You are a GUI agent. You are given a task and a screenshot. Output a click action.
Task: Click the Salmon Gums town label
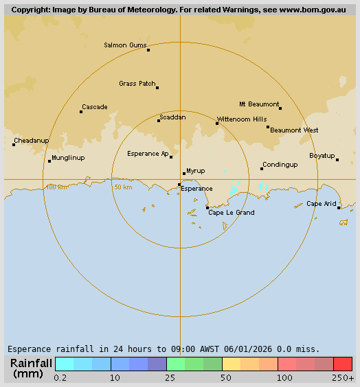click(125, 45)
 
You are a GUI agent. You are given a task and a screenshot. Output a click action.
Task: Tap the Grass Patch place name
click(137, 84)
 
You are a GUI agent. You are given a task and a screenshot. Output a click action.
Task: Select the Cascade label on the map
click(94, 107)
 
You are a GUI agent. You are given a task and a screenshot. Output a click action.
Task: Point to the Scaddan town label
click(172, 117)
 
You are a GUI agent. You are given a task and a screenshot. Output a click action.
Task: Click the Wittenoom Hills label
click(242, 119)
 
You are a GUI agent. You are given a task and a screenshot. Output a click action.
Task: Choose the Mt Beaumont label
click(259, 104)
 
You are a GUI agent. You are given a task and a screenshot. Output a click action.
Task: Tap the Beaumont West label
click(294, 130)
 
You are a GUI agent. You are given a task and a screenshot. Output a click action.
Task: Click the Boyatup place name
click(322, 156)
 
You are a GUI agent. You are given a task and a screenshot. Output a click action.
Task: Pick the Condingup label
click(280, 165)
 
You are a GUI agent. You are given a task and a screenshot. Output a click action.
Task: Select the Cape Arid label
click(321, 204)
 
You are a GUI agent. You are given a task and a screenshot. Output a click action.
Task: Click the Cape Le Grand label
click(232, 213)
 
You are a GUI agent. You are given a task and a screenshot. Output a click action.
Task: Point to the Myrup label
click(196, 170)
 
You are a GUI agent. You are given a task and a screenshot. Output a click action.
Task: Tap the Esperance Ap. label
click(148, 154)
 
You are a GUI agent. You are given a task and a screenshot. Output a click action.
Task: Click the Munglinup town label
click(68, 158)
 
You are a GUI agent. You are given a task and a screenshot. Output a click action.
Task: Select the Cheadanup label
click(32, 141)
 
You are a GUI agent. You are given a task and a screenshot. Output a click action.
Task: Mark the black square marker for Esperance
click(179, 185)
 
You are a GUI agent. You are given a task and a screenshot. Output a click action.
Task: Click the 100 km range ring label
click(56, 187)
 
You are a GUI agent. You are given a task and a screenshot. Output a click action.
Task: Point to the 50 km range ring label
click(123, 187)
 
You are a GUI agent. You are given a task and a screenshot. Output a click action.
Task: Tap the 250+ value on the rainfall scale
click(342, 378)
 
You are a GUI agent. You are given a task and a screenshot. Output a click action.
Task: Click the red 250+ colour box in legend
click(343, 364)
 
